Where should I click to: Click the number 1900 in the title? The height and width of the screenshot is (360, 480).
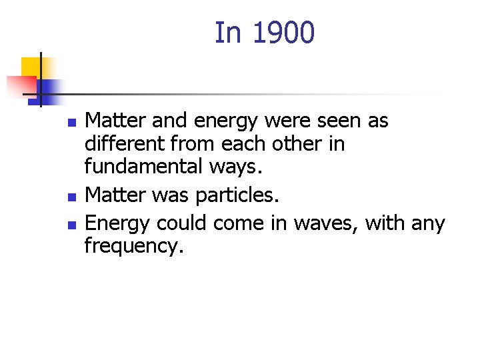click(x=283, y=33)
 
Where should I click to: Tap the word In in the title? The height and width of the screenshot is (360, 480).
click(x=229, y=33)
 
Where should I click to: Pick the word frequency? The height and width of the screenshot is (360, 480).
click(x=133, y=247)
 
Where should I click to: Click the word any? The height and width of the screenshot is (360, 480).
click(x=429, y=223)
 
